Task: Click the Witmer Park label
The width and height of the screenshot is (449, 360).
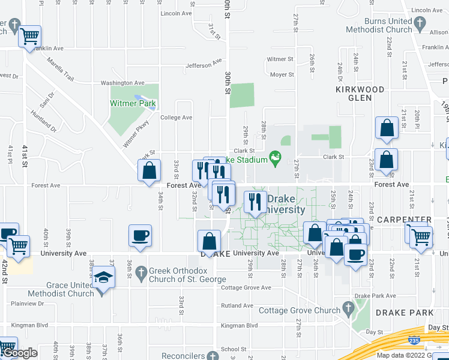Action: [133, 103]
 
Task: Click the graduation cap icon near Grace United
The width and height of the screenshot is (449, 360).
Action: [104, 278]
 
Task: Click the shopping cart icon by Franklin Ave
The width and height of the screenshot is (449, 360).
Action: [29, 36]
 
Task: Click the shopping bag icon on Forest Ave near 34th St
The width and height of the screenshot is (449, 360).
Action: [149, 170]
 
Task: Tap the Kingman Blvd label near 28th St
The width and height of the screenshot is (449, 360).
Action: [239, 326]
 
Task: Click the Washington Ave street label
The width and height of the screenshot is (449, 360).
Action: [122, 83]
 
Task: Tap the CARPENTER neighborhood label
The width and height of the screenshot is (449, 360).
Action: [404, 220]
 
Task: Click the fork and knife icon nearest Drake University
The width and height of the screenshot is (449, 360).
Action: [256, 201]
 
